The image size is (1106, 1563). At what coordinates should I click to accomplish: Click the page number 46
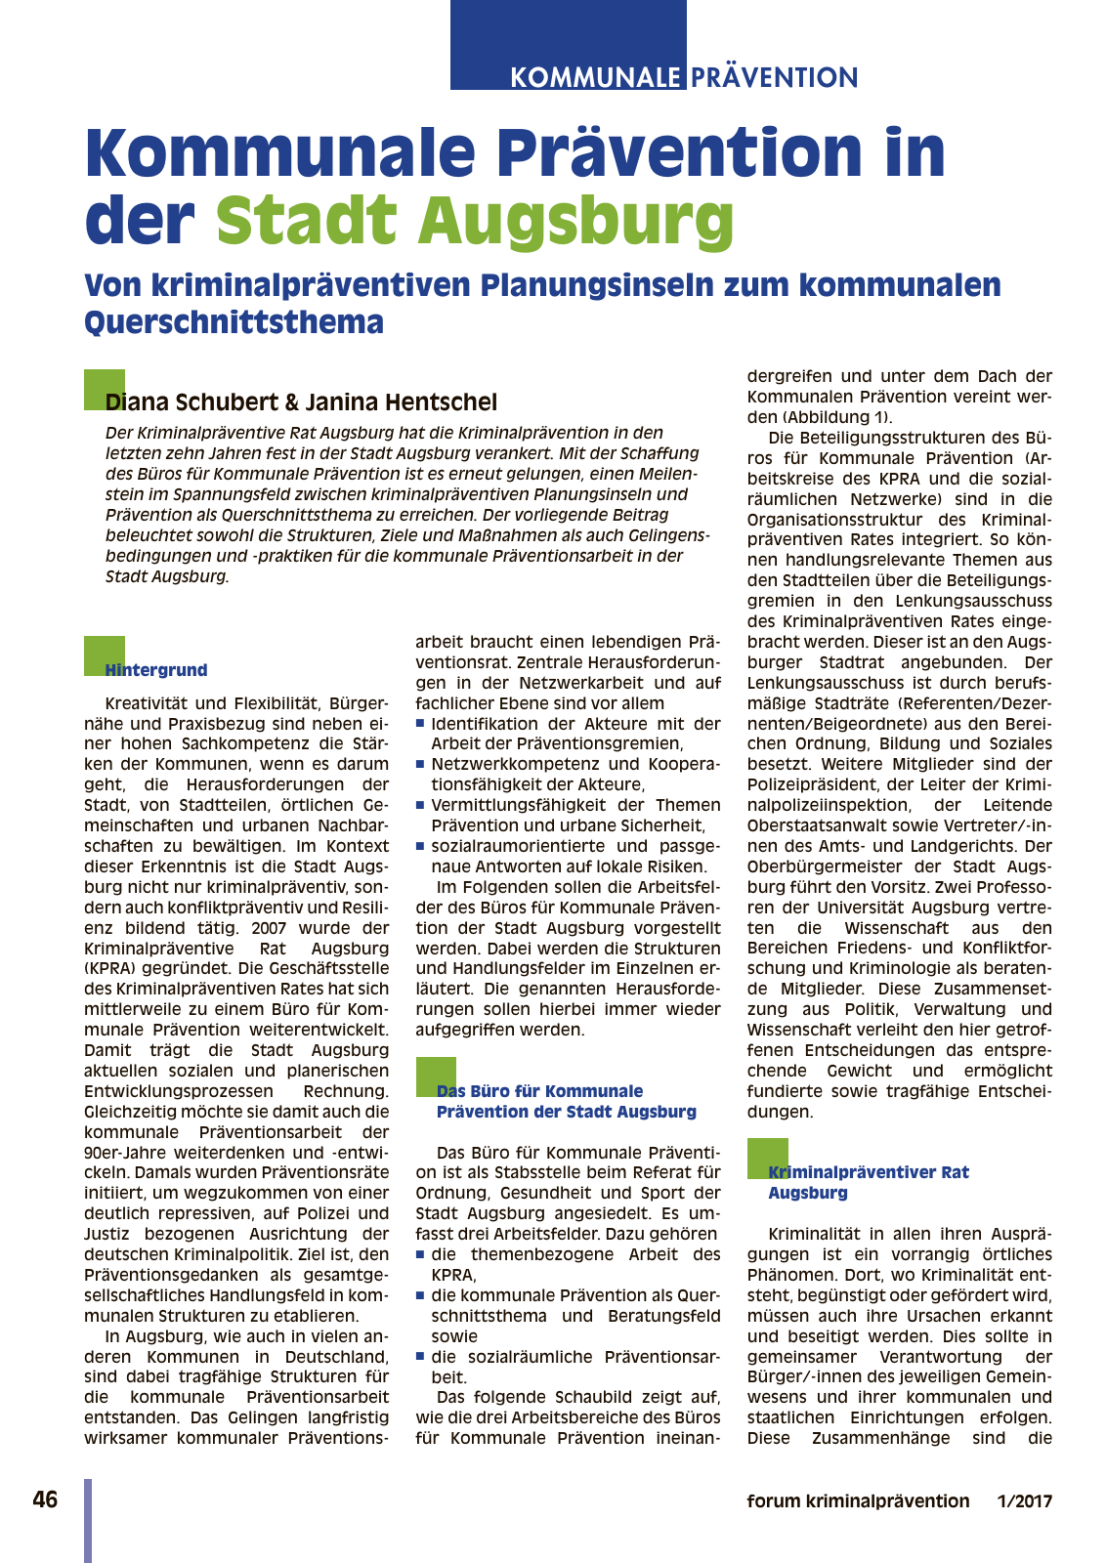[x=45, y=1500]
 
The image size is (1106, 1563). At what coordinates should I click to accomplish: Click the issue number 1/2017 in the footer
[x=1025, y=1501]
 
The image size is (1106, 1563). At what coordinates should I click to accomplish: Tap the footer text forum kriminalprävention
[x=858, y=1501]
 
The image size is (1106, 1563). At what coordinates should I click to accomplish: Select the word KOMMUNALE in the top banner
[x=595, y=77]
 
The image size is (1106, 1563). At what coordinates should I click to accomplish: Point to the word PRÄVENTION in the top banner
[x=775, y=77]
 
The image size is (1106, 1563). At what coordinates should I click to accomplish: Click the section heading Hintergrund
[x=156, y=670]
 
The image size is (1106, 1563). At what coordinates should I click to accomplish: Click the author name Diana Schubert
[x=191, y=401]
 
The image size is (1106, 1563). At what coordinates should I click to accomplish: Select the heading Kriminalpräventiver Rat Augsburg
[x=868, y=1182]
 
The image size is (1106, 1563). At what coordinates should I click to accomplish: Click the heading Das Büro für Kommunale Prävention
[x=566, y=1101]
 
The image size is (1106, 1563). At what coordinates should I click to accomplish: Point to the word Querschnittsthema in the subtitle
[x=234, y=322]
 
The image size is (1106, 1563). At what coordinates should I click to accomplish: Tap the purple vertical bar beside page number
[x=88, y=1519]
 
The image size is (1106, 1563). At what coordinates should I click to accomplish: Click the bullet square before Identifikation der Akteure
[x=420, y=724]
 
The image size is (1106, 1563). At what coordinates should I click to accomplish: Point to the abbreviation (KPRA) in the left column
[x=112, y=969]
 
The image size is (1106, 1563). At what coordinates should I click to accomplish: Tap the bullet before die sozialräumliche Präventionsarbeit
[x=420, y=1357]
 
